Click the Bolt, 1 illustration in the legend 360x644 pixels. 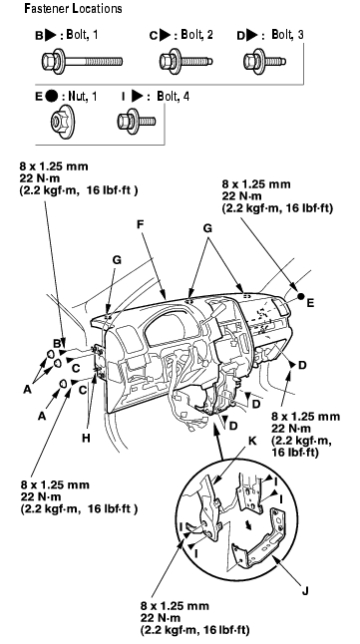[x=82, y=62]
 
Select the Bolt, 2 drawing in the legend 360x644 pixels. [x=185, y=62]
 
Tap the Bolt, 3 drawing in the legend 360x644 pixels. [x=264, y=62]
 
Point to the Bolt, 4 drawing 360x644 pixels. [x=136, y=122]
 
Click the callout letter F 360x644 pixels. [x=141, y=224]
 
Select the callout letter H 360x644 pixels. [x=86, y=439]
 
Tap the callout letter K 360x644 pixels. [x=252, y=441]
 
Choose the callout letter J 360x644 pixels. [x=305, y=591]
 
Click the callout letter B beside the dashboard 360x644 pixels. [x=58, y=343]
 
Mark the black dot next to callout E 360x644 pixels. [x=301, y=296]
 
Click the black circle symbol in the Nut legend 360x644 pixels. [x=52, y=97]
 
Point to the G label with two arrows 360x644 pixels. [x=208, y=228]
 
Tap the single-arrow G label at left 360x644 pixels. [x=117, y=260]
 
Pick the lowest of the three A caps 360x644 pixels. [x=64, y=384]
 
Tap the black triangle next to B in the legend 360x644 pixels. [x=51, y=35]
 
